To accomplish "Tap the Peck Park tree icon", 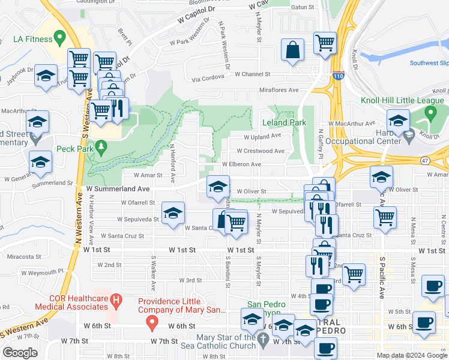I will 101,146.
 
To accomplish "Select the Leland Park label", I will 284,122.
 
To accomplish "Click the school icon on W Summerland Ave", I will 218,187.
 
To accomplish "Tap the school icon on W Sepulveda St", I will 173,214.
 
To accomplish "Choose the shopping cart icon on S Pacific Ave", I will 385,218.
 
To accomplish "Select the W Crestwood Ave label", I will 261,151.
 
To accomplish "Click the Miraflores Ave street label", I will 279,90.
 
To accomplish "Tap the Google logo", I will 20,353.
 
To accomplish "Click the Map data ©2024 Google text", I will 411,355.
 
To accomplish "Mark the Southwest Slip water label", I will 429,63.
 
